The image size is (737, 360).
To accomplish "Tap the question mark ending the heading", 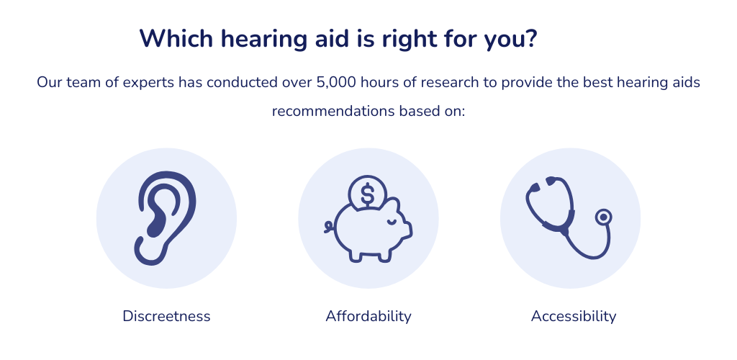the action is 530,39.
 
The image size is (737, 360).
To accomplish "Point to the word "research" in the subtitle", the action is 450,83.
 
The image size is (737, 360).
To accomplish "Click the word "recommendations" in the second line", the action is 333,112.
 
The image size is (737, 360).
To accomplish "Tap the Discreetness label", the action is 166,316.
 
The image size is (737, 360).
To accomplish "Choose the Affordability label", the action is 368,316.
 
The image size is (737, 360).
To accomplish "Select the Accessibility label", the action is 574,316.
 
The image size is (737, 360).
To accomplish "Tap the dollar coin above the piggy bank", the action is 368,193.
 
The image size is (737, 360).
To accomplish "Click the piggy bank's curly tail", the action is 330,227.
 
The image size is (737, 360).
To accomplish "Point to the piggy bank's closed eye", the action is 391,221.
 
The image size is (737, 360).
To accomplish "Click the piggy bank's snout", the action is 407,230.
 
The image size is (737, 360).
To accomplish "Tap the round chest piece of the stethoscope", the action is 604,217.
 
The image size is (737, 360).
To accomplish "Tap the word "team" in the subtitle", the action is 83,83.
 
